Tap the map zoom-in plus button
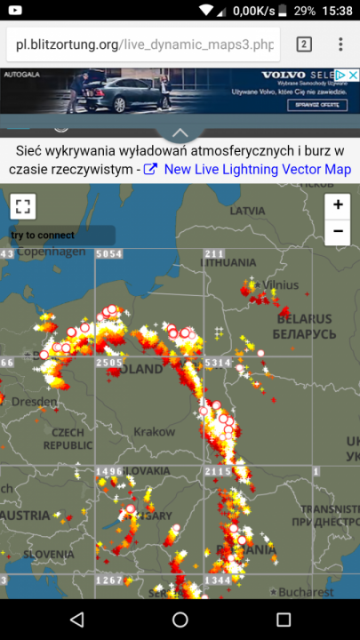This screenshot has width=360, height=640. click(338, 205)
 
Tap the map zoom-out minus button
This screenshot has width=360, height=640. click(338, 233)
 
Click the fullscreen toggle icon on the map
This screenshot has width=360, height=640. click(22, 207)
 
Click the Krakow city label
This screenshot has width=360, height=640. click(154, 431)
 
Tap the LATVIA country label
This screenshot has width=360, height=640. click(247, 212)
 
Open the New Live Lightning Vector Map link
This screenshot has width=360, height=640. click(257, 169)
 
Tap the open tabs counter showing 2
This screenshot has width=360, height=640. click(303, 44)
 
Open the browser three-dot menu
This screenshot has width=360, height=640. click(340, 44)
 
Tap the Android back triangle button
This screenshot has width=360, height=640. click(76, 620)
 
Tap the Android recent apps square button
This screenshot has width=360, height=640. click(284, 620)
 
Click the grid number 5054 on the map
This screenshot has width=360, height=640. click(108, 254)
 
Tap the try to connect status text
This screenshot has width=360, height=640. click(43, 236)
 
